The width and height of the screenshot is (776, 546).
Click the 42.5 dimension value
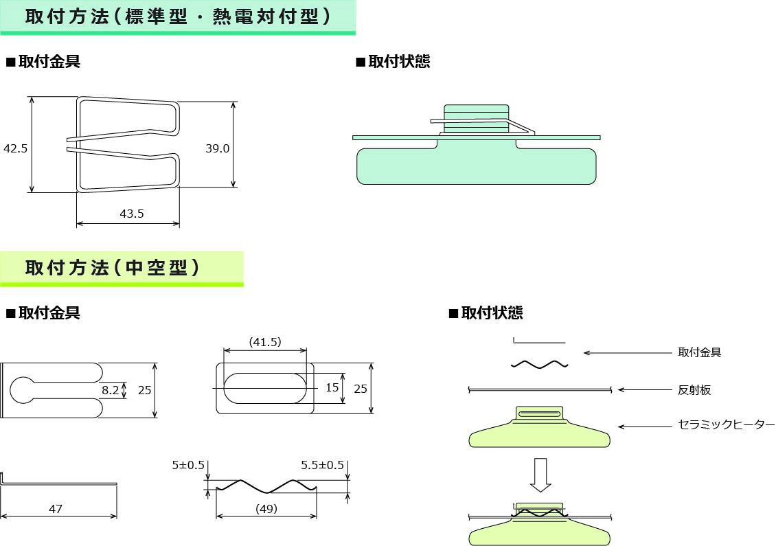(x=15, y=148)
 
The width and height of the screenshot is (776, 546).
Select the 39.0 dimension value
(x=217, y=148)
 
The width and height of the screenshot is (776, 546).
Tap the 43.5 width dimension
(x=132, y=214)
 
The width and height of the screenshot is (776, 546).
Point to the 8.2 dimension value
(x=110, y=389)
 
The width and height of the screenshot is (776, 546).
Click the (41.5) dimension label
(x=265, y=342)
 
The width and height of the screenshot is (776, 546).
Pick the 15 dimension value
(x=332, y=388)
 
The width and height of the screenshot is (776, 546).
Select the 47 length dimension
(x=56, y=509)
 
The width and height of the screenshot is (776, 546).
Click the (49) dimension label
(x=266, y=509)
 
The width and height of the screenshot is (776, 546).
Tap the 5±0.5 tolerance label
(x=188, y=465)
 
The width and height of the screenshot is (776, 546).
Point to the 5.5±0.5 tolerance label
(x=322, y=465)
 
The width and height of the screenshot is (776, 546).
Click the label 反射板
(x=694, y=390)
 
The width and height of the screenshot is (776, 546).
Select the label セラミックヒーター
(x=726, y=426)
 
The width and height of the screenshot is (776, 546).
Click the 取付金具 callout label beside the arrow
(x=699, y=352)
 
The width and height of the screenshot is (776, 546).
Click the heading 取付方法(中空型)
(x=113, y=268)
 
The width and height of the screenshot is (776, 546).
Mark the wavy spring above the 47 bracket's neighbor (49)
(x=266, y=486)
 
